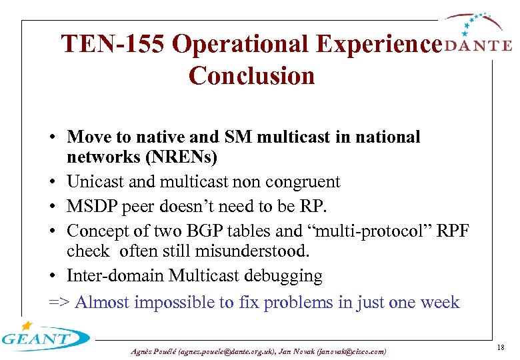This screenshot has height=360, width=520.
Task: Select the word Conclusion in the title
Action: point(251,75)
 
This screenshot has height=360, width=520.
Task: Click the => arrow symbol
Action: point(59,302)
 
